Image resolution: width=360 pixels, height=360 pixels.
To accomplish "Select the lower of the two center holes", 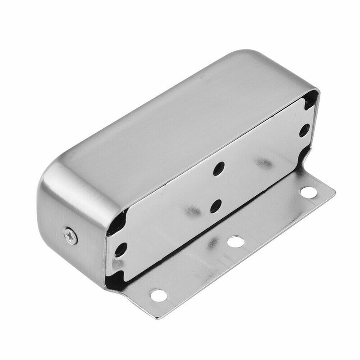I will (x=215, y=205).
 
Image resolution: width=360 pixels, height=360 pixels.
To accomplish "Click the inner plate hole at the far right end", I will (x=304, y=130).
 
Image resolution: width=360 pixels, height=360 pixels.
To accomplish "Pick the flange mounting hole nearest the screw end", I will (x=157, y=295).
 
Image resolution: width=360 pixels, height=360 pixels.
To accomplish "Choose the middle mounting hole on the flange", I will (x=235, y=242).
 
